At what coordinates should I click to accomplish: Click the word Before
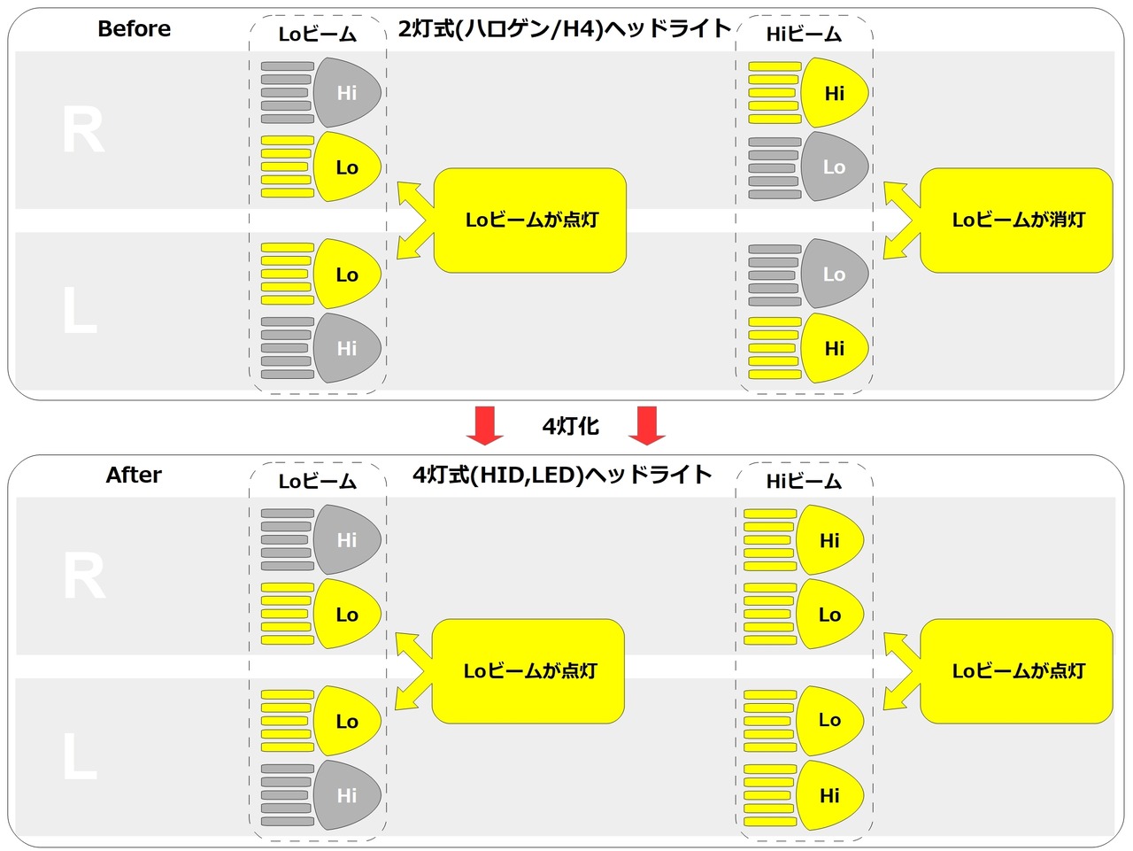(x=135, y=29)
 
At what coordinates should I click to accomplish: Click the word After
(x=134, y=475)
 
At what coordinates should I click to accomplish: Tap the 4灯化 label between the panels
(x=570, y=427)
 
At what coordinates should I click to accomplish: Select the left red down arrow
(x=485, y=425)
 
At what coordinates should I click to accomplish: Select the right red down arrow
(x=647, y=425)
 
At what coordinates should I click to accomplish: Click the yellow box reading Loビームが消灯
(x=1016, y=220)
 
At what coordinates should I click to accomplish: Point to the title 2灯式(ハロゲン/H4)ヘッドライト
(x=565, y=29)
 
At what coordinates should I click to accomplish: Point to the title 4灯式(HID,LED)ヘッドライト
(x=563, y=475)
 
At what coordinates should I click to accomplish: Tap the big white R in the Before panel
(x=83, y=129)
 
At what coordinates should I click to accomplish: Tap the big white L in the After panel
(x=80, y=756)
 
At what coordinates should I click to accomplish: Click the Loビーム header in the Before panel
(x=318, y=35)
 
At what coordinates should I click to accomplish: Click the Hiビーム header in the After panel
(x=804, y=481)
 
